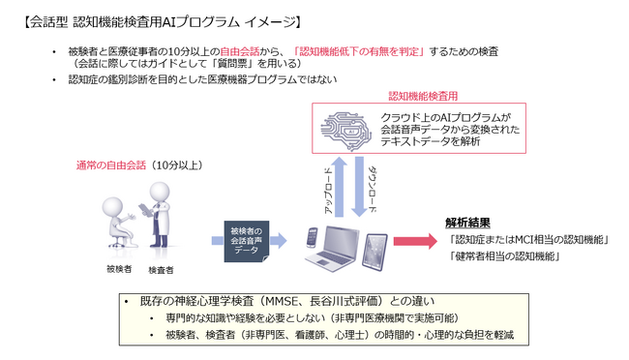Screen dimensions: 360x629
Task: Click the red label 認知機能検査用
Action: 422,97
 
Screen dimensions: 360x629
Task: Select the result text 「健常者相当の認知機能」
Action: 505,257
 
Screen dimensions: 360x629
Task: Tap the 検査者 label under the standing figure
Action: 161,270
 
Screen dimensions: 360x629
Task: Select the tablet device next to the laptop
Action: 378,242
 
